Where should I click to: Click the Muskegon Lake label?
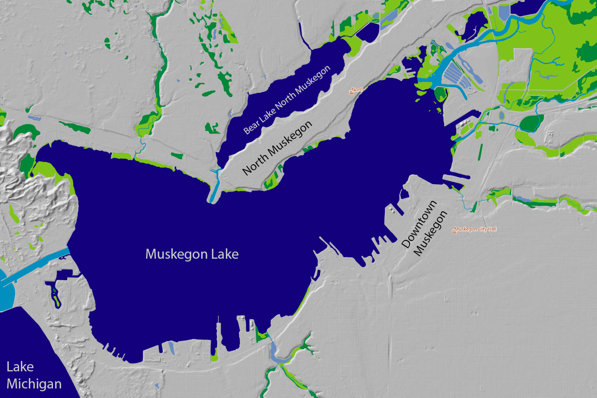pos(192,254)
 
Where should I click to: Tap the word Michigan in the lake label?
pos(34,384)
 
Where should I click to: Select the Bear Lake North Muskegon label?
pos(287,99)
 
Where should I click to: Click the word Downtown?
pos(419,224)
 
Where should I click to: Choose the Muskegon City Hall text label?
pos(475,229)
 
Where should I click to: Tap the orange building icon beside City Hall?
pos(454,230)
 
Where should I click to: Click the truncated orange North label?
pos(357,90)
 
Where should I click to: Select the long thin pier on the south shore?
pos(218,334)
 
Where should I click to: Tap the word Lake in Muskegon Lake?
pos(225,254)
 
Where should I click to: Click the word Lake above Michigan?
pos(20,367)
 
